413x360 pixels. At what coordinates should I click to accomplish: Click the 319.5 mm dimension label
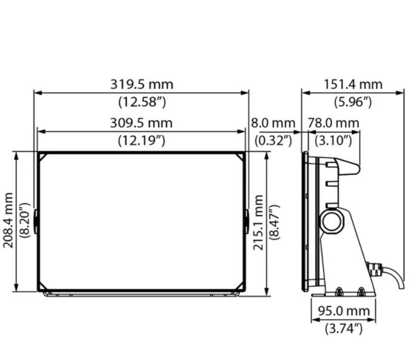(x=141, y=84)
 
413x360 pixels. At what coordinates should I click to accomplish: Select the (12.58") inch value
(x=141, y=103)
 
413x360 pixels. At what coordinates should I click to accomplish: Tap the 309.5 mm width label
(x=141, y=122)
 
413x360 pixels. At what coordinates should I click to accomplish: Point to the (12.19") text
(x=141, y=141)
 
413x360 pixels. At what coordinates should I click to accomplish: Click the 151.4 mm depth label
(x=353, y=84)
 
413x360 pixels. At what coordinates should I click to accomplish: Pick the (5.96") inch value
(x=353, y=103)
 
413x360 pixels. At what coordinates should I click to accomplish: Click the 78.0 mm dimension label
(x=333, y=122)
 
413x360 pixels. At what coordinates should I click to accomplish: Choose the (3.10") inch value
(x=333, y=141)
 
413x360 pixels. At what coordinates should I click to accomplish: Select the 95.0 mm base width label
(x=344, y=311)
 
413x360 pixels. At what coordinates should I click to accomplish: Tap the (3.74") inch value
(x=344, y=328)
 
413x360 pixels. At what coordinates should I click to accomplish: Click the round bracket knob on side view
(x=331, y=220)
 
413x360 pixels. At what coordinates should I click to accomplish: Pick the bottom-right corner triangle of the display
(x=240, y=286)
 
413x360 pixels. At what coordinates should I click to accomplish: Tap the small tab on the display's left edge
(x=36, y=220)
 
